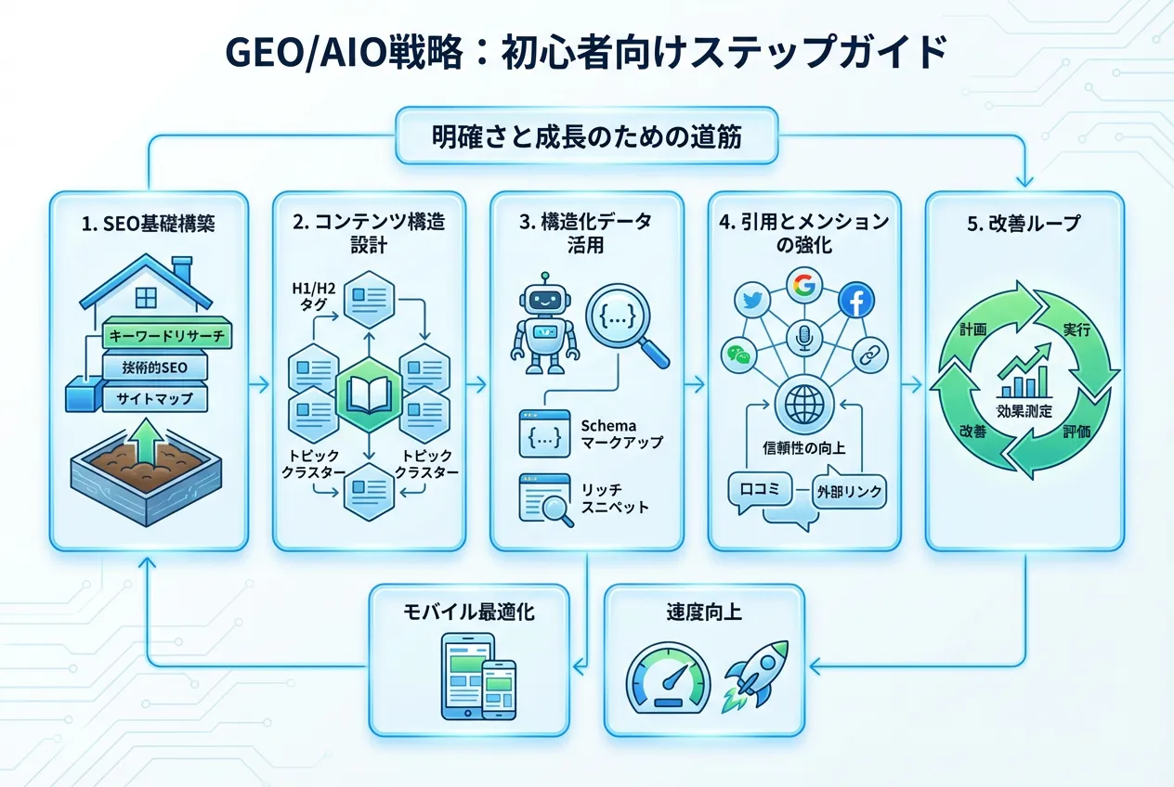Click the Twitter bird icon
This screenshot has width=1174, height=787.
[x=748, y=300]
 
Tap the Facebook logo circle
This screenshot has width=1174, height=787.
[x=855, y=300]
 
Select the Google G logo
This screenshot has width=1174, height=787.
[x=804, y=285]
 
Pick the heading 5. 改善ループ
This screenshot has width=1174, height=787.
[x=1024, y=225]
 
